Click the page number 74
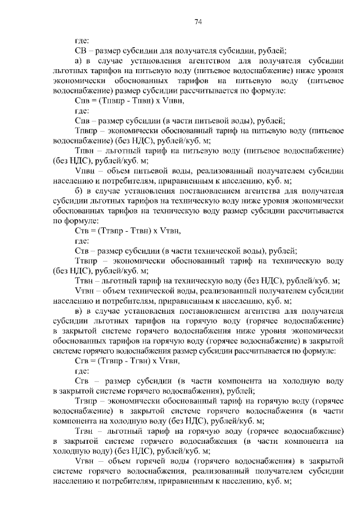[198, 22]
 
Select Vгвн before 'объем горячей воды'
[83, 462]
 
